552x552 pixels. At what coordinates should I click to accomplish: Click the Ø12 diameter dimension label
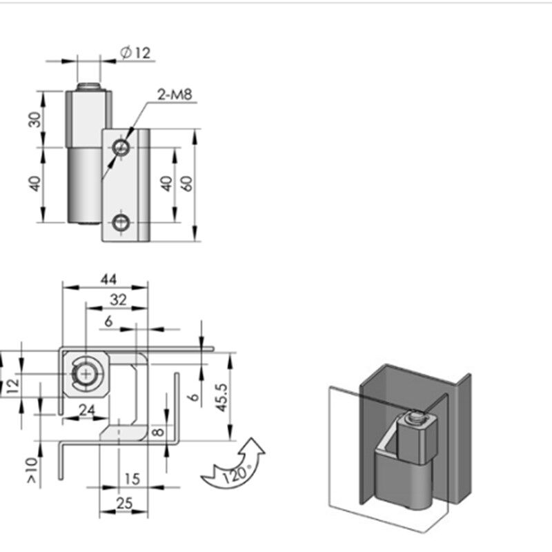pyautogui.click(x=135, y=52)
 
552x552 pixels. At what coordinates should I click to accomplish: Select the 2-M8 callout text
pyautogui.click(x=175, y=95)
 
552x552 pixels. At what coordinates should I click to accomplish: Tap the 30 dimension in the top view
pyautogui.click(x=34, y=119)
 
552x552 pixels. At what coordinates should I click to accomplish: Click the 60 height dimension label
pyautogui.click(x=187, y=184)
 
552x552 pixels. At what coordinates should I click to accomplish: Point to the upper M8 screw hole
pyautogui.click(x=121, y=147)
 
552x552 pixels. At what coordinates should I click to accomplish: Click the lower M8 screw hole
pyautogui.click(x=121, y=222)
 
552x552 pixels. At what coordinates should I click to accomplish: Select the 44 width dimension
pyautogui.click(x=108, y=279)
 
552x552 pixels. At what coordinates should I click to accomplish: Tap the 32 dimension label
pyautogui.click(x=118, y=300)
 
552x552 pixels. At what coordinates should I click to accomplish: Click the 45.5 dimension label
pyautogui.click(x=221, y=397)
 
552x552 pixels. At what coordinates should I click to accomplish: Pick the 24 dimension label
pyautogui.click(x=87, y=410)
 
